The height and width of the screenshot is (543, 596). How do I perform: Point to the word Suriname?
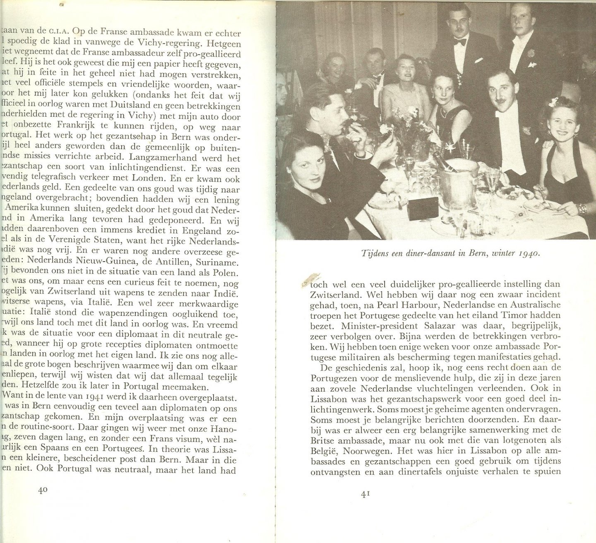(221, 262)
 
